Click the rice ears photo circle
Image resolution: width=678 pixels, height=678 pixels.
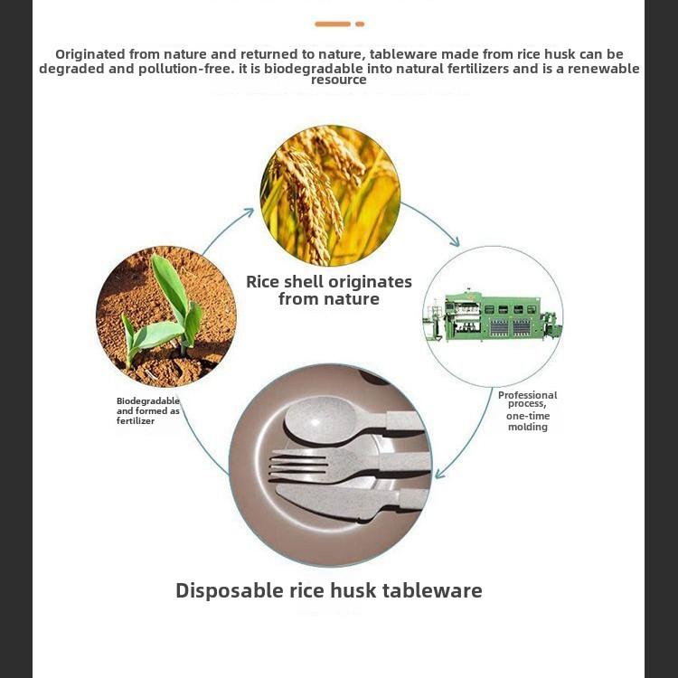[x=330, y=195]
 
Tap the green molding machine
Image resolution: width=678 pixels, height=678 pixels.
[x=493, y=316]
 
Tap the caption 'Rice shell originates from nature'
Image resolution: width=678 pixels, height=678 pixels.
[x=329, y=290]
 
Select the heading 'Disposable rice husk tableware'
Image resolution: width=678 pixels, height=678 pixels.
[x=329, y=591]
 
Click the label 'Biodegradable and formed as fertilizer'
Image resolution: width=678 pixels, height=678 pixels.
[x=148, y=410]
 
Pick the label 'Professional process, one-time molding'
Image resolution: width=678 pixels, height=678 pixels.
[x=528, y=410]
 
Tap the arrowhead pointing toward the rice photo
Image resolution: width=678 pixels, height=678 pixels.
[x=248, y=212]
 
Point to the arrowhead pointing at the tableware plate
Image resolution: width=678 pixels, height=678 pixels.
[x=440, y=473]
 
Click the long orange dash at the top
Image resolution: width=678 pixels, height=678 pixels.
[x=332, y=24]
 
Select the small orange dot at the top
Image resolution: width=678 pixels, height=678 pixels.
[x=360, y=24]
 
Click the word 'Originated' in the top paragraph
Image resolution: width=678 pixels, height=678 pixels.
[x=95, y=54]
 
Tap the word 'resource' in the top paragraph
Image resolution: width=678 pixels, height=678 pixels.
[x=339, y=80]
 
